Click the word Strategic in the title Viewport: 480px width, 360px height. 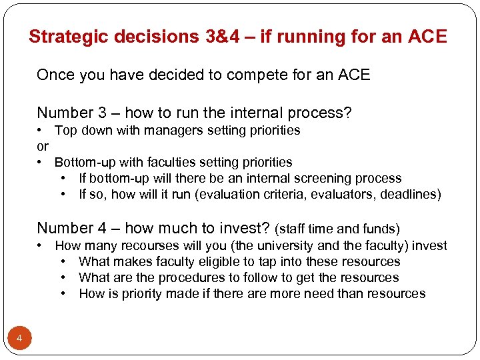pos(69,37)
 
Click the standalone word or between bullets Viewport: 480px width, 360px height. pos(43,146)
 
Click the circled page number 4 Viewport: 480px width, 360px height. pos(19,339)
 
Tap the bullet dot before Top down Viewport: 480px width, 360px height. pos(41,130)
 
